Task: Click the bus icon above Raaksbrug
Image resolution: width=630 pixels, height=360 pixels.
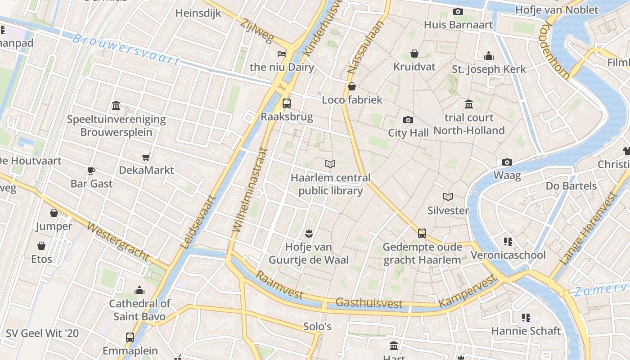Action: pos(286,103)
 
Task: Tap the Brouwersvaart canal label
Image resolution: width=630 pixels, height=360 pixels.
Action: pos(126,49)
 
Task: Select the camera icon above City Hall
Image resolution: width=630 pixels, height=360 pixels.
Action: pos(408,120)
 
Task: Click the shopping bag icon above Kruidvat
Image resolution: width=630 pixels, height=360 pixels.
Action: pos(414,54)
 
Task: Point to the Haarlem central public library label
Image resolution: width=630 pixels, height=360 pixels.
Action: pos(331,184)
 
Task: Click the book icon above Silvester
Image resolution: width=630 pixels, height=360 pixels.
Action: pos(448,197)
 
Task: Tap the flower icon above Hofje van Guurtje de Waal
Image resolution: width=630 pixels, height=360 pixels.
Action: pos(309,233)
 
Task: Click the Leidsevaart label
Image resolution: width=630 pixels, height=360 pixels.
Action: pos(198,222)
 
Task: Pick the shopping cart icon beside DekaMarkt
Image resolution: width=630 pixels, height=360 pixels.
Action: pos(146,157)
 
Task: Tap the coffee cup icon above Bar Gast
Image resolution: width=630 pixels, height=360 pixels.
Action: pos(91,171)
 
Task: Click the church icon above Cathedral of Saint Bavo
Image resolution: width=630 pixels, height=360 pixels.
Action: pos(139,290)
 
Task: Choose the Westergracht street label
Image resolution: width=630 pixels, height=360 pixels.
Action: pos(118,242)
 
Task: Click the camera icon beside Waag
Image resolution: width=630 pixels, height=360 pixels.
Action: pos(507,162)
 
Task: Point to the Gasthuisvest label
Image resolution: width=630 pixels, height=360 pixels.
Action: pos(369,303)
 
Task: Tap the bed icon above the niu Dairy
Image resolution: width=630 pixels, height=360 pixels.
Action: pos(282,54)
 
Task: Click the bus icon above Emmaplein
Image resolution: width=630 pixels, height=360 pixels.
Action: pos(130,337)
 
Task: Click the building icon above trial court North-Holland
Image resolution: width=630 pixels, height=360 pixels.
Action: pos(469,104)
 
